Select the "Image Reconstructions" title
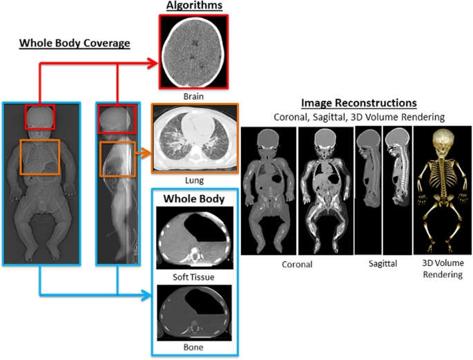pyautogui.click(x=358, y=103)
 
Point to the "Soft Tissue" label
pyautogui.click(x=193, y=277)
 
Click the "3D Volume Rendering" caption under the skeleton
pyautogui.click(x=441, y=269)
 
